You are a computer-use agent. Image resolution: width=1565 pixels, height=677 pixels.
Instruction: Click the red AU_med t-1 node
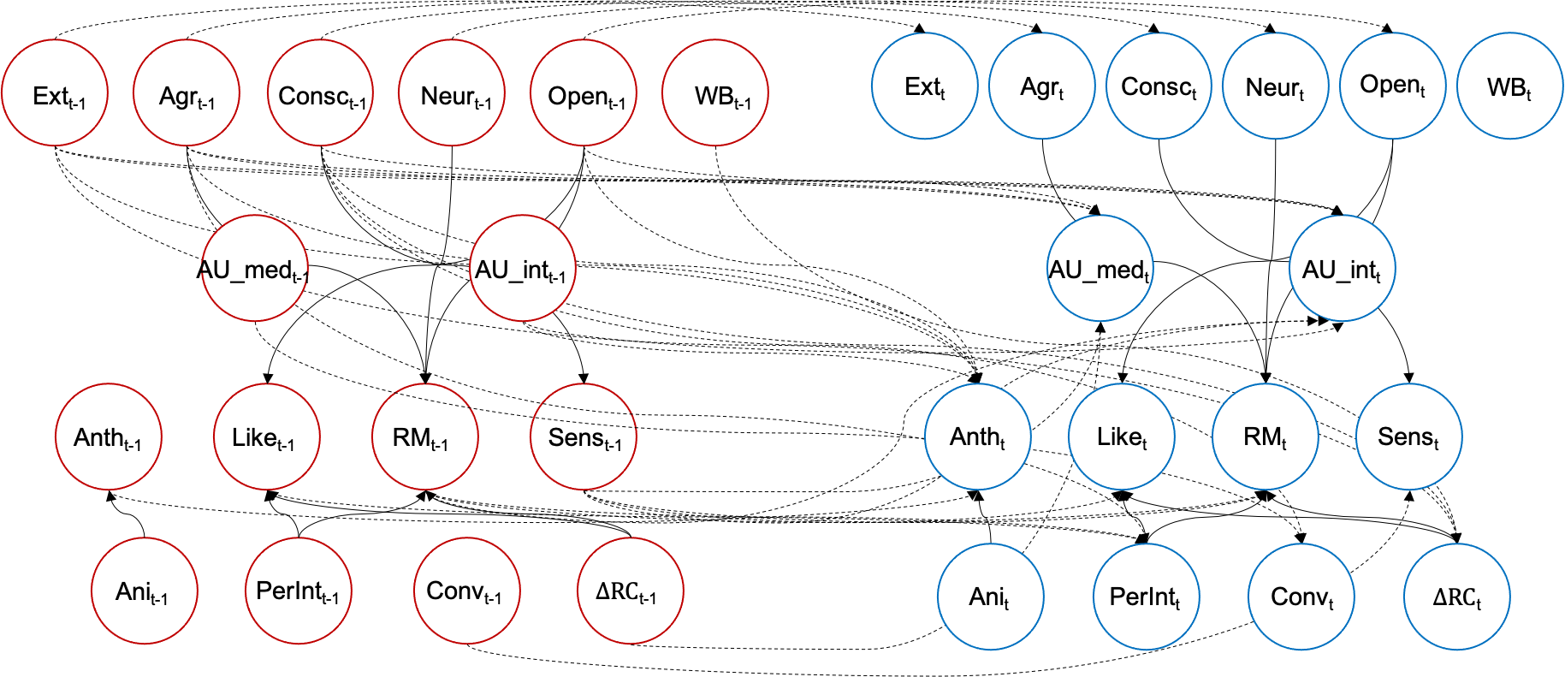[254, 268]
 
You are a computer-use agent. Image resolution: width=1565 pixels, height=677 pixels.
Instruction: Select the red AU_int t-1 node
[522, 268]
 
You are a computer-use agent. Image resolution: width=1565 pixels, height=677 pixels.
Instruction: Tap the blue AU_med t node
[1100, 268]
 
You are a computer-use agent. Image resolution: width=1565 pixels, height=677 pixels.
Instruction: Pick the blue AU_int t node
[1342, 268]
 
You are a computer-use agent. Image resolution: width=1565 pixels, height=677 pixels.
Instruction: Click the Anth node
[977, 436]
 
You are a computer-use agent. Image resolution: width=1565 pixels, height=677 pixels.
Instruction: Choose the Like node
[1121, 436]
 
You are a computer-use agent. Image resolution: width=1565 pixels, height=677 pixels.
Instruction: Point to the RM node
[1265, 436]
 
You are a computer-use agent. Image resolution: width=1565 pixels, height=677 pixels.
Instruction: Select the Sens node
[1408, 436]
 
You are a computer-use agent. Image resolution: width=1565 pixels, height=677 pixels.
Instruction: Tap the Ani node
[990, 597]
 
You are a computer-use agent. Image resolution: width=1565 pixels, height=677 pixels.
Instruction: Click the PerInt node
[1146, 597]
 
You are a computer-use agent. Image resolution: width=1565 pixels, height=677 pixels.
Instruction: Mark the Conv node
[1301, 597]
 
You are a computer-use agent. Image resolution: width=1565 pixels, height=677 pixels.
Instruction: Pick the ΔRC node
[1456, 597]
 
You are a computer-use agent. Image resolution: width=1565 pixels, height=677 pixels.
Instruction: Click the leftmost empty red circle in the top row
[55, 92]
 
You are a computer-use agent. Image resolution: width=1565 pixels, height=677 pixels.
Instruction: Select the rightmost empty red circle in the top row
[714, 92]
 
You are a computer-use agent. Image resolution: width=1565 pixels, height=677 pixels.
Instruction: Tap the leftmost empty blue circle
[924, 86]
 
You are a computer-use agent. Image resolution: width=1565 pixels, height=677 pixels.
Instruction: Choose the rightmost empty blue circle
[1509, 86]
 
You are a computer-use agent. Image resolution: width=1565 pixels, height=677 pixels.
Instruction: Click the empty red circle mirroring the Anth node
[109, 436]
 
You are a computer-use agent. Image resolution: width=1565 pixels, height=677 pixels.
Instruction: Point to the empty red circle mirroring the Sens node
[583, 436]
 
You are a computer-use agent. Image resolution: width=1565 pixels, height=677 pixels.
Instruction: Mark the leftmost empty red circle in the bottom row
[144, 591]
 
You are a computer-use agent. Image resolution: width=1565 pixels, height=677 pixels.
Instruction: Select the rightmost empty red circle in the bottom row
[630, 591]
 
